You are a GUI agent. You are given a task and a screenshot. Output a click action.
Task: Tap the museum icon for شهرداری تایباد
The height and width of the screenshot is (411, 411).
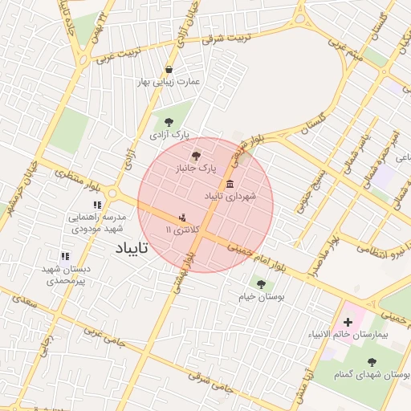[x=230, y=184]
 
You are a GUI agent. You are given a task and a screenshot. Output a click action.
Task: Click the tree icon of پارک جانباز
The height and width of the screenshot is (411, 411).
[x=197, y=156]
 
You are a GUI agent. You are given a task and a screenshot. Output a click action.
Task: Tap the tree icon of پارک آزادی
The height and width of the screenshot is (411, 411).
[x=168, y=121]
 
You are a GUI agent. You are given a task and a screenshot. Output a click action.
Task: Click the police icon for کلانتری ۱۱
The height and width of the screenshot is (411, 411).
[x=182, y=217]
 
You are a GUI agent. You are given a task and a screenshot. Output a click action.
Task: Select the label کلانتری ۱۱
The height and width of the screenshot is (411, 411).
[x=181, y=230]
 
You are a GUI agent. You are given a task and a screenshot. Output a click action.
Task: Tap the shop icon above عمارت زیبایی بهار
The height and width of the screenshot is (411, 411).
[x=169, y=69]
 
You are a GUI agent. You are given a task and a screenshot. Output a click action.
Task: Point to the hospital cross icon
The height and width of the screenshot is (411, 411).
[x=348, y=321]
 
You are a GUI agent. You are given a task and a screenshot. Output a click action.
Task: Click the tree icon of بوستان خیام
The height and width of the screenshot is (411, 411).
[x=260, y=283]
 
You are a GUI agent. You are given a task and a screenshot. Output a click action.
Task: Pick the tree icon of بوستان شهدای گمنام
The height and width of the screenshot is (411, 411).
[x=372, y=362]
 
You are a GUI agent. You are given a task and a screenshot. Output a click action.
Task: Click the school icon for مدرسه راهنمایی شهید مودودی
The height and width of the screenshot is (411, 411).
[x=97, y=205]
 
